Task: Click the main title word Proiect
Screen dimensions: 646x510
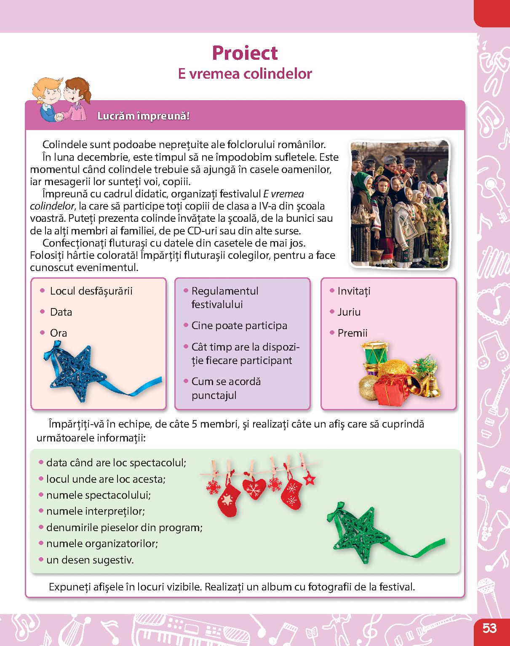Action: tap(245, 53)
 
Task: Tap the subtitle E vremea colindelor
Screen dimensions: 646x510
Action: tap(245, 74)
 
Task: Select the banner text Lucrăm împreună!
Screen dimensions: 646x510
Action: tap(143, 116)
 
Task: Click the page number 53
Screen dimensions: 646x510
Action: tap(489, 629)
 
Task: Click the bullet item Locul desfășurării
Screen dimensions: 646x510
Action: tap(91, 291)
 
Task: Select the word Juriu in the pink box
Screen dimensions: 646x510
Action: tap(349, 312)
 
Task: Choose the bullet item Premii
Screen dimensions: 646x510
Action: tap(352, 333)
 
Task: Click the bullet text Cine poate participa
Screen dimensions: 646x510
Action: tap(239, 325)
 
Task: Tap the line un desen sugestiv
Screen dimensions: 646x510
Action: tap(90, 560)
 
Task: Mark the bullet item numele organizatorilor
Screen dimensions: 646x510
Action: tap(102, 543)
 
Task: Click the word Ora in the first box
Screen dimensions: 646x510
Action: tap(59, 333)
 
